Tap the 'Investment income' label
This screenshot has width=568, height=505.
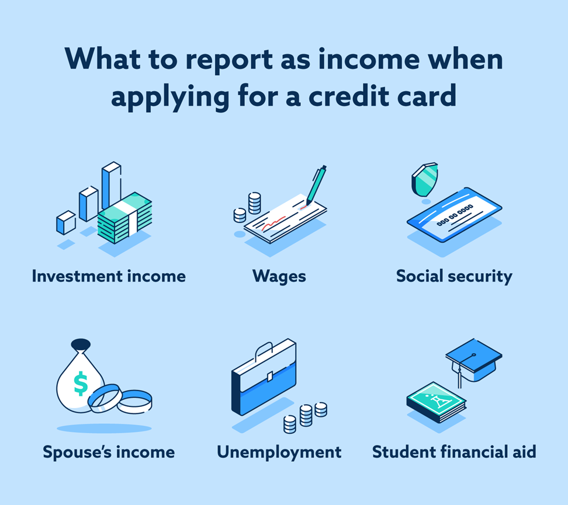(x=109, y=276)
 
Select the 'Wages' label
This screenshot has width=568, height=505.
(x=279, y=277)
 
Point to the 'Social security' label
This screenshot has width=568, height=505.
(x=454, y=277)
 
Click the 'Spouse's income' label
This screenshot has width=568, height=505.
(x=109, y=452)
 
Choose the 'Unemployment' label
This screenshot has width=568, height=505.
(x=279, y=452)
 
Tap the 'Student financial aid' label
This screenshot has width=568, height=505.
(x=454, y=452)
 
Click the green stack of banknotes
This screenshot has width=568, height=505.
(x=125, y=217)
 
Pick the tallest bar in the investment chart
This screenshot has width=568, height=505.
(x=111, y=184)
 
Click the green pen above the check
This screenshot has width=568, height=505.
(x=316, y=184)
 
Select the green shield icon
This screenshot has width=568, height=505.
(x=425, y=179)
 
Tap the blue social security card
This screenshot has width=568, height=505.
(x=454, y=214)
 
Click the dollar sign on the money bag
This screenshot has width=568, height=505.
(x=81, y=384)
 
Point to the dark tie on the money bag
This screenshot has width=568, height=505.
(x=81, y=344)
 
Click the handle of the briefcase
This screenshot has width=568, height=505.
(x=264, y=350)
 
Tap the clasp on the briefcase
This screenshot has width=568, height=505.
(x=269, y=376)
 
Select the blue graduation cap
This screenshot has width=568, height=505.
(x=473, y=360)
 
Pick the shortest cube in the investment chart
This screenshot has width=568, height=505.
(x=66, y=222)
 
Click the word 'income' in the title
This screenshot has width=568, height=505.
(x=368, y=60)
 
